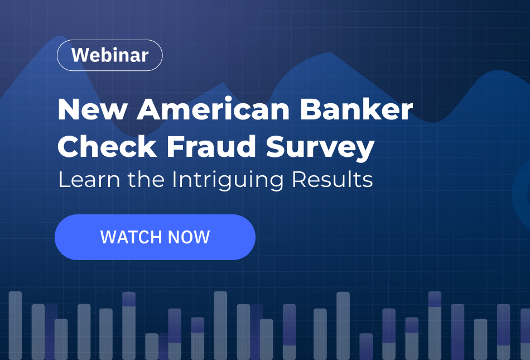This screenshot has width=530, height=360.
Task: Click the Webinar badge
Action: coord(109,55)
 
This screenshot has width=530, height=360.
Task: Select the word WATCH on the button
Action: coord(126,237)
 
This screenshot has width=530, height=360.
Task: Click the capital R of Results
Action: coord(300,180)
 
